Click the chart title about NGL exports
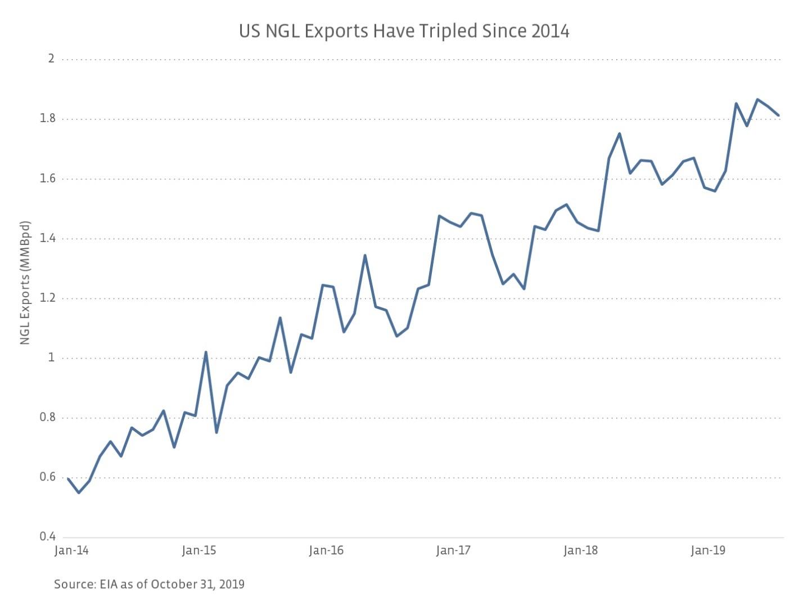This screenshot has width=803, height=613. [404, 31]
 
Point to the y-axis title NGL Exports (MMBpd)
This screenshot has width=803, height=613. [25, 283]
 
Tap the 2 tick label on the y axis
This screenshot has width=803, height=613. [51, 59]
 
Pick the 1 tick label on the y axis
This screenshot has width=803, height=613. [51, 357]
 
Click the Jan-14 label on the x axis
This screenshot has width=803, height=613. [71, 551]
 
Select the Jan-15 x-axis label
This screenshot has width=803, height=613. [199, 551]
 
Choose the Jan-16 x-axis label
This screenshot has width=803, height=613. [326, 551]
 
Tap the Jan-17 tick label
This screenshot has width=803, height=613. [453, 551]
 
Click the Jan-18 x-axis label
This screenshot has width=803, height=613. [581, 551]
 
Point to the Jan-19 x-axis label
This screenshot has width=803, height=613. [708, 551]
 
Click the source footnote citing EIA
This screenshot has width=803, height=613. [149, 584]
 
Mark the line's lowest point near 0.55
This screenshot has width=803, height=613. [79, 493]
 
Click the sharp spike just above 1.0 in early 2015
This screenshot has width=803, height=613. [206, 352]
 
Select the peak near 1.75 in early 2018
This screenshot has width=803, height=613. [619, 133]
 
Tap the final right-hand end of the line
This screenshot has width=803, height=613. [778, 115]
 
